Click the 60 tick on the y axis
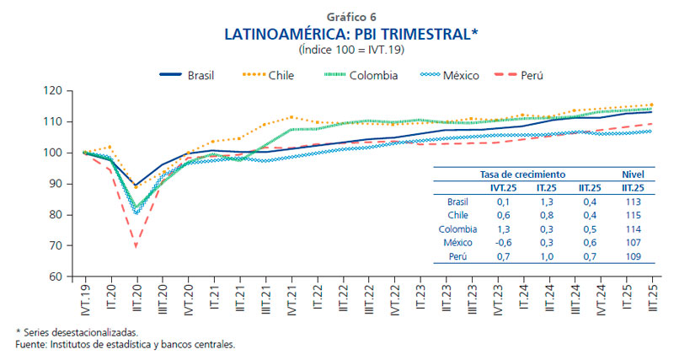tap(55, 277)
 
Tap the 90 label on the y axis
tap(55, 184)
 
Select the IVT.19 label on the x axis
tap(84, 294)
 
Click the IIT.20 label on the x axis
tap(136, 294)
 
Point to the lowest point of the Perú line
tap(136, 246)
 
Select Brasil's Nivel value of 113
tap(634, 202)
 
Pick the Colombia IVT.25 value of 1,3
tap(503, 228)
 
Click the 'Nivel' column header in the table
tap(633, 175)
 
